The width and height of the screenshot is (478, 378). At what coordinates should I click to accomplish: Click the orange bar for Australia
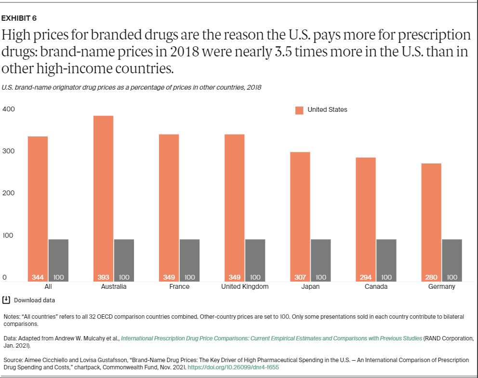tap(103, 198)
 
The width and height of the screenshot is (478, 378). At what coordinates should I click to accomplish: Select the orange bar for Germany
tap(431, 222)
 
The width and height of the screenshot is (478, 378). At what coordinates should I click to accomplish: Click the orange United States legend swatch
tap(299, 110)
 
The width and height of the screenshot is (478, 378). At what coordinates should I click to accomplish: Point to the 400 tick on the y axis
tap(9, 109)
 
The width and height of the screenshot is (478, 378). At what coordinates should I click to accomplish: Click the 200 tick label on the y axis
tap(9, 193)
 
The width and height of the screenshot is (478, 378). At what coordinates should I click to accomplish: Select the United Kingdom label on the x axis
tap(245, 287)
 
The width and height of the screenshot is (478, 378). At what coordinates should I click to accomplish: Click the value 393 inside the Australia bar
tap(103, 277)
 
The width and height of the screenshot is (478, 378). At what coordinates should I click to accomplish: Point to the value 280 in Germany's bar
tap(431, 277)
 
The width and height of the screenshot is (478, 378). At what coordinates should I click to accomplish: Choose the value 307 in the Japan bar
tap(300, 277)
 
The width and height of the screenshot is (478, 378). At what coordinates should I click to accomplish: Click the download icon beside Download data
tap(6, 300)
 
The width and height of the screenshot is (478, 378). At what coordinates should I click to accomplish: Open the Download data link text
tap(34, 300)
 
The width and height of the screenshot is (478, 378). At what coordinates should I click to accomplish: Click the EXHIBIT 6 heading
tap(19, 19)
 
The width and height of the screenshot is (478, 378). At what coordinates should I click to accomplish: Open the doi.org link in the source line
tap(233, 367)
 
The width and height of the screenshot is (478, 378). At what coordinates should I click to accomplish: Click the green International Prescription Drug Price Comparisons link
tap(271, 338)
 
